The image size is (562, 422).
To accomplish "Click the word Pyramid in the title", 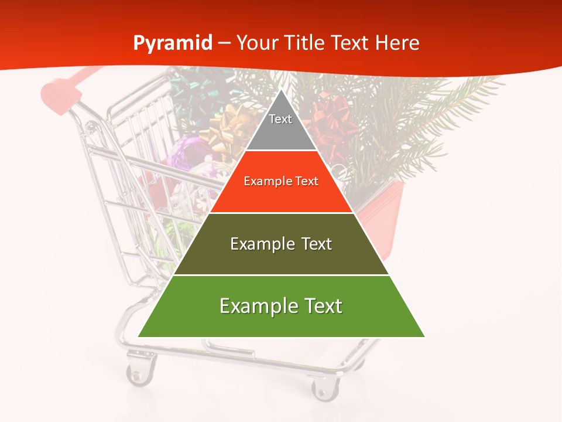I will pyautogui.click(x=173, y=43).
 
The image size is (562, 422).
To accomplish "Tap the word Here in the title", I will pyautogui.click(x=397, y=43).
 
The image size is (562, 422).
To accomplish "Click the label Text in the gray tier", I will pyautogui.click(x=280, y=119).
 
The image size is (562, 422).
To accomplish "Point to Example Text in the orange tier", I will pyautogui.click(x=281, y=181).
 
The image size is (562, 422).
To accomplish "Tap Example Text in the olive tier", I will pyautogui.click(x=281, y=244).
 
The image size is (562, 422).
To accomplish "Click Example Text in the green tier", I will pyautogui.click(x=281, y=306).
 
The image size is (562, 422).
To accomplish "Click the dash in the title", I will pyautogui.click(x=224, y=43).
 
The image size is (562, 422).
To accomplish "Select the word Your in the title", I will pyautogui.click(x=258, y=43).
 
